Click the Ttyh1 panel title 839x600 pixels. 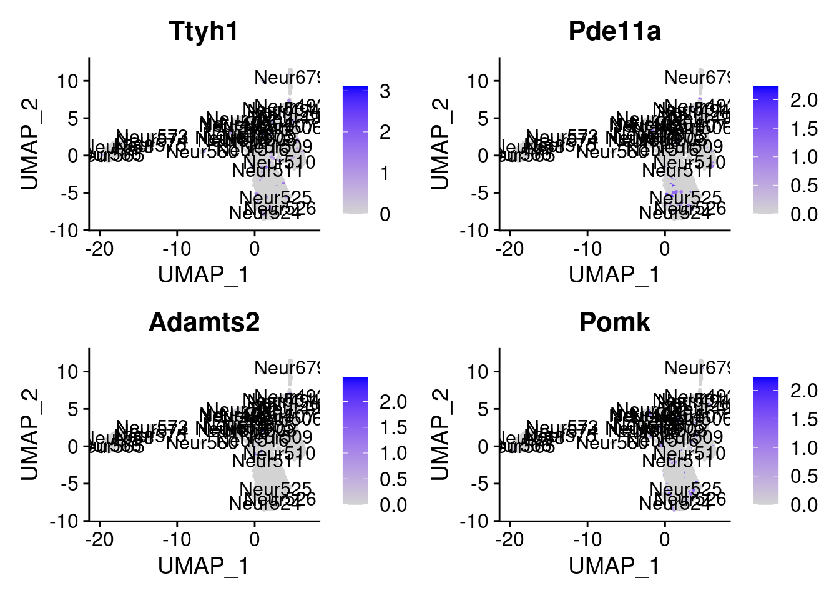tap(204, 31)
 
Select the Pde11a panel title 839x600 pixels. tap(614, 31)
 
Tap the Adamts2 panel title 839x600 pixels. tap(204, 322)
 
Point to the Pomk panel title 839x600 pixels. tap(614, 322)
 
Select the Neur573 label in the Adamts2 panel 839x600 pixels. tap(152, 428)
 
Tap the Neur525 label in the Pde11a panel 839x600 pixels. tap(685, 198)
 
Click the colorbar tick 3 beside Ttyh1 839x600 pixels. tap(385, 91)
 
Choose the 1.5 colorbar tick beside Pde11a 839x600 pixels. tap(803, 129)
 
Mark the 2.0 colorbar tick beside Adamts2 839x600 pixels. tap(393, 402)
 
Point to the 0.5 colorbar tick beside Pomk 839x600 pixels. tap(803, 476)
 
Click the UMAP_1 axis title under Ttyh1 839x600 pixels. tap(204, 274)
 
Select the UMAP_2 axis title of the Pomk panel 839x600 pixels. tap(441, 434)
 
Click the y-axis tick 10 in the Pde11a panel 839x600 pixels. tap(479, 81)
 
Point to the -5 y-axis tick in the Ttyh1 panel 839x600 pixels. tap(69, 193)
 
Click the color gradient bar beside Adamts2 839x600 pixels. tap(355, 440)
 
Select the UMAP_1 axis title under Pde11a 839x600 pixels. tap(614, 274)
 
